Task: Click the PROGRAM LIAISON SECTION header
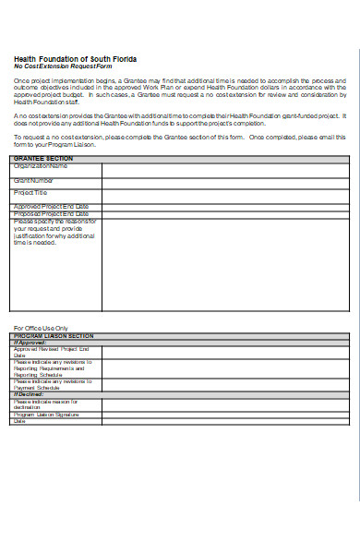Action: tap(54, 335)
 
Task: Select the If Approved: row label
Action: tap(30, 343)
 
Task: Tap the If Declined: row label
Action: tap(30, 394)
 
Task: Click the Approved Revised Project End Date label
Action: tap(51, 352)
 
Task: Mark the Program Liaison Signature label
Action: tap(49, 415)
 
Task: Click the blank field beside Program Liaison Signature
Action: tap(225, 415)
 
